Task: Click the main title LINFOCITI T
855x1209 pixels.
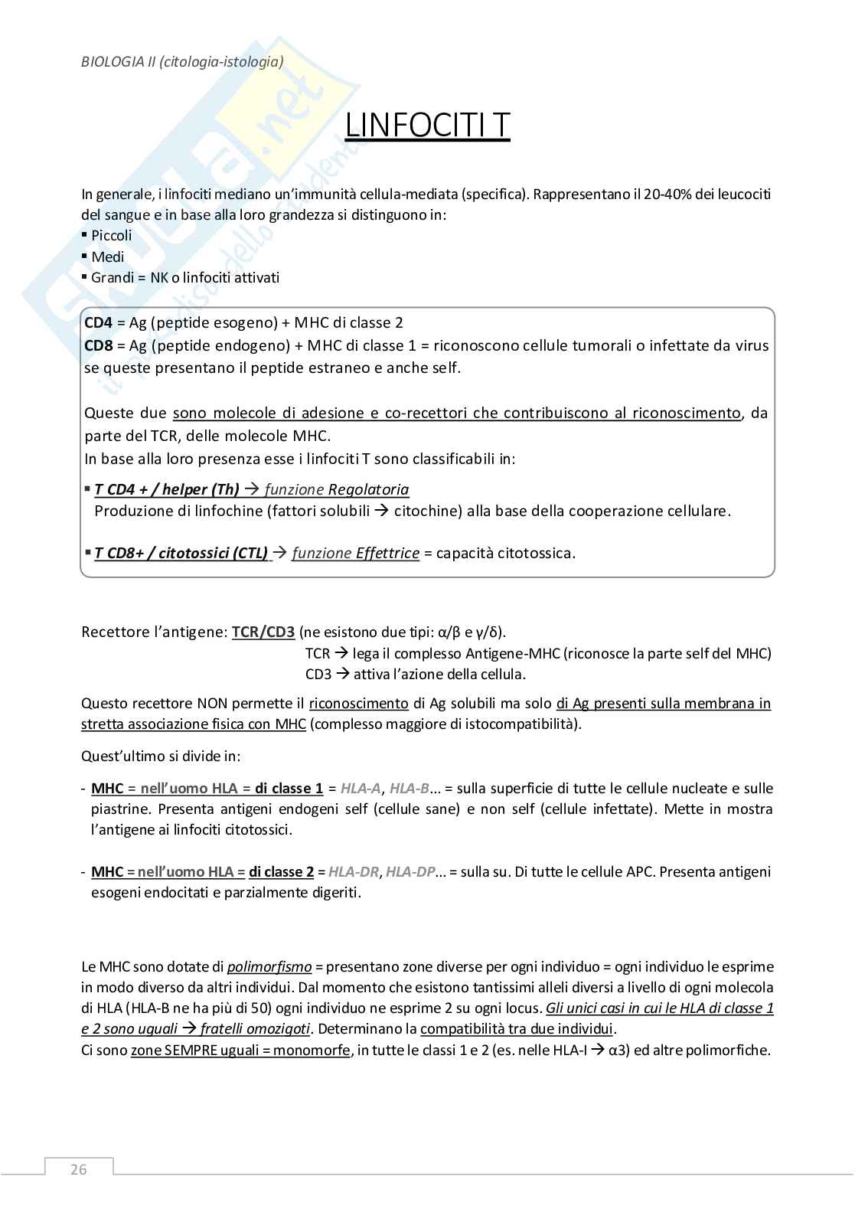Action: (x=427, y=126)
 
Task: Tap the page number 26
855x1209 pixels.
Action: (x=78, y=1169)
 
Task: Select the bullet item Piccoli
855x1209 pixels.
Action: (x=111, y=236)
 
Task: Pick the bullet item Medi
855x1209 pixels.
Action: (x=107, y=257)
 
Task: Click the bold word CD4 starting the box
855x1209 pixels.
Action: (x=99, y=322)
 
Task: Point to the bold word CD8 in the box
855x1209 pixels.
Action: (x=99, y=345)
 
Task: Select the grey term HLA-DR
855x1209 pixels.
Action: (x=356, y=871)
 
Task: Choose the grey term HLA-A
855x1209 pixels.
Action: (x=361, y=788)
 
